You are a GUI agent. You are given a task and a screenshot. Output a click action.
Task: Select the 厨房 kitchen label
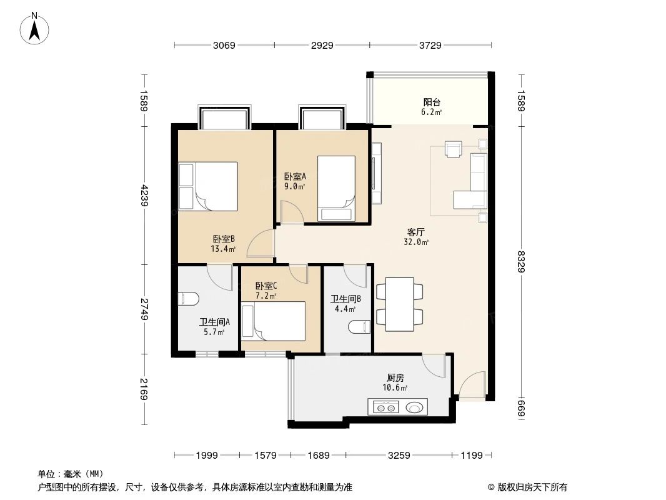pos(395,377)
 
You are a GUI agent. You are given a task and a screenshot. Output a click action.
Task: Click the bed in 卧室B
pos(208,186)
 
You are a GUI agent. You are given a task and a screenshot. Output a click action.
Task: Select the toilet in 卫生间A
pos(188,299)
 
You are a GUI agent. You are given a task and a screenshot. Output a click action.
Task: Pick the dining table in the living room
pos(399,304)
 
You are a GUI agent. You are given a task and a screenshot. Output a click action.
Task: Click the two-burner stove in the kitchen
pos(384,407)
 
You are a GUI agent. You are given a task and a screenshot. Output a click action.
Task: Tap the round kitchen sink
pos(415,407)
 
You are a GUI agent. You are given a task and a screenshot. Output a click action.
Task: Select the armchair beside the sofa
pos(453,149)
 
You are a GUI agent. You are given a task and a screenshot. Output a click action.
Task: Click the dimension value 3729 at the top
pos(430,45)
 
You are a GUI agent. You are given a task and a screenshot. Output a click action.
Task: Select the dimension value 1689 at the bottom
pos(319,455)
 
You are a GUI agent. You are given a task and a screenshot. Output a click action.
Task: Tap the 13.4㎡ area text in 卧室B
pos(223,249)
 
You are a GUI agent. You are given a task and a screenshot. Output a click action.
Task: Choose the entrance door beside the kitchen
pos(472,384)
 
